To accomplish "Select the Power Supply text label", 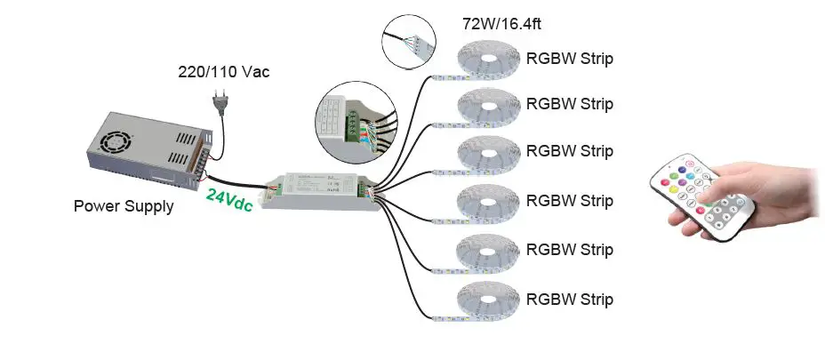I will point(123,206).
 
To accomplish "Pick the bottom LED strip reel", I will point(487,300).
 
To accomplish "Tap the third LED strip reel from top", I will point(487,156).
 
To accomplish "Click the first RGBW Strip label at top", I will point(570,60).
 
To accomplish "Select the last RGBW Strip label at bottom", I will point(570,299).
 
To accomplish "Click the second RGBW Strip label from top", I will point(570,104).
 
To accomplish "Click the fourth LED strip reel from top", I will point(487,202).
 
